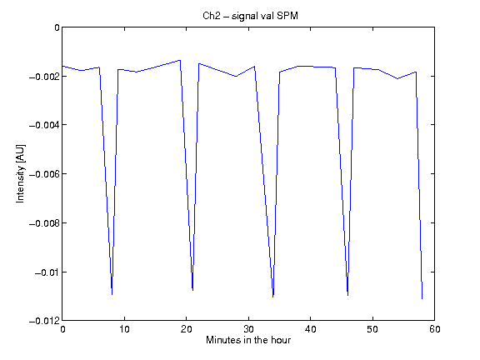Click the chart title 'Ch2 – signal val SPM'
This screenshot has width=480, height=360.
[x=250, y=16]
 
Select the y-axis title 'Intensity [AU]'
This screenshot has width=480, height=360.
[x=21, y=173]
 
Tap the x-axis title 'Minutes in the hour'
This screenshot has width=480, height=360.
[x=248, y=340]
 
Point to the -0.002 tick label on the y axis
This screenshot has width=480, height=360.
[x=45, y=76]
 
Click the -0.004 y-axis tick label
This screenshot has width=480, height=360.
[x=45, y=125]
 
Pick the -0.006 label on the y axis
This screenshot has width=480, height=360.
[x=45, y=174]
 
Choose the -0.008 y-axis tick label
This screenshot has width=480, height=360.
[x=45, y=223]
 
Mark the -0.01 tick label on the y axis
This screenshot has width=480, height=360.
[x=47, y=272]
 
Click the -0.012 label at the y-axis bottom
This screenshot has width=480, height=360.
[x=45, y=321]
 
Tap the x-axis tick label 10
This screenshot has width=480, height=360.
[x=124, y=329]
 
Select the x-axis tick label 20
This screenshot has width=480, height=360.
[x=186, y=329]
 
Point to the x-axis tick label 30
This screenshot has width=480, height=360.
[x=248, y=329]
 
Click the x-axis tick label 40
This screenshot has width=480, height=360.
[x=310, y=329]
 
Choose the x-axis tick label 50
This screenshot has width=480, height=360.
[x=372, y=329]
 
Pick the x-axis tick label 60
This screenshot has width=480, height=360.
[x=435, y=329]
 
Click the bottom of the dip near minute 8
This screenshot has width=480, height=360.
[x=112, y=294]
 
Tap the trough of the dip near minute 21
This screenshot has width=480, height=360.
[x=192, y=290]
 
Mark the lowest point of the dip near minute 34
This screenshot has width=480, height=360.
[x=273, y=297]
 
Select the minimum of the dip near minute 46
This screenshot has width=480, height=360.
[x=347, y=295]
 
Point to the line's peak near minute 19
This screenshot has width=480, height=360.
[x=180, y=60]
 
